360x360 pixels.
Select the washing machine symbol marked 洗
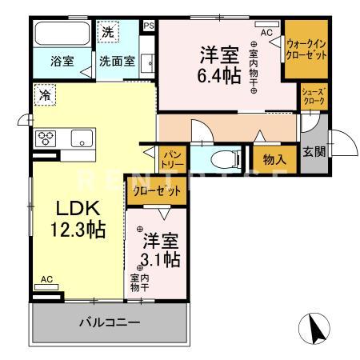110,33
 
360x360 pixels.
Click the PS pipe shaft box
147,26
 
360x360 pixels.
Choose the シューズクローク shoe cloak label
312,97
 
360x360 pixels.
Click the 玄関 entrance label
313,150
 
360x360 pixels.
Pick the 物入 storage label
274,158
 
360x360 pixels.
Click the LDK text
77,208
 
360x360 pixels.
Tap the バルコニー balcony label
110,322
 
